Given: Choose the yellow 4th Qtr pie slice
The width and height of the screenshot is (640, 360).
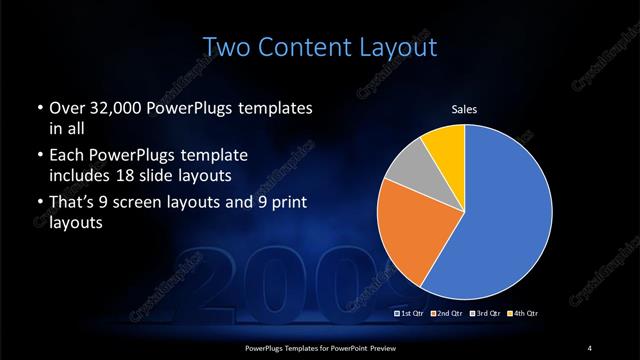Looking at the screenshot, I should coord(442,144).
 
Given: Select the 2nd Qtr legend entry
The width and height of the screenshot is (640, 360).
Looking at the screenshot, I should coord(446,314).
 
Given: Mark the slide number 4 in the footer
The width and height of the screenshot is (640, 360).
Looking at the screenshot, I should coord(590,347).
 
